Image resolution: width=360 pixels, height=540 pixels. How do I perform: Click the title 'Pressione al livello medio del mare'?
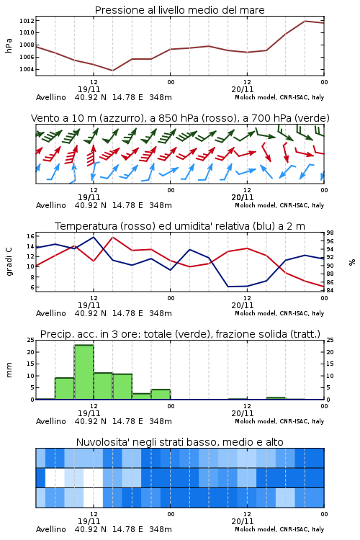179,10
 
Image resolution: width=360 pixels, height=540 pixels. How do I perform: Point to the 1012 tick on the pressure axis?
27,21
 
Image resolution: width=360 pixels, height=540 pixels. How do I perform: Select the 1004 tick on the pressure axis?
27,69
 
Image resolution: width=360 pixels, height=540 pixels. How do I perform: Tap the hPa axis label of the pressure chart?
9,45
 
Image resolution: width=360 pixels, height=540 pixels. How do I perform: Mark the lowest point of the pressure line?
112,71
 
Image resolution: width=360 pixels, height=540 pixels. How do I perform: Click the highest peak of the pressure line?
305,21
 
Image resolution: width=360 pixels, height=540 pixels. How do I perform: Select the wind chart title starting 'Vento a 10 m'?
180,118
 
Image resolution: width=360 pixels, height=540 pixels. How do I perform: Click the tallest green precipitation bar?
84,372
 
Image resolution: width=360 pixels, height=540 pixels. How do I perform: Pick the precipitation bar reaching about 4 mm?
161,395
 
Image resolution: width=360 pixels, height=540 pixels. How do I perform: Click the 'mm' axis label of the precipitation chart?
9,370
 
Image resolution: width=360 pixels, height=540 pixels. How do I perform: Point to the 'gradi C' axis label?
9,261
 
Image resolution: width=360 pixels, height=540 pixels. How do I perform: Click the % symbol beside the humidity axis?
352,262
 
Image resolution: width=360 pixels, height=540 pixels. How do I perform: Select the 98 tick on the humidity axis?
330,233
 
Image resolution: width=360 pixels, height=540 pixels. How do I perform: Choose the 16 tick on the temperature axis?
30,236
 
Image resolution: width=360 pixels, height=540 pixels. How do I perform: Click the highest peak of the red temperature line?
112,237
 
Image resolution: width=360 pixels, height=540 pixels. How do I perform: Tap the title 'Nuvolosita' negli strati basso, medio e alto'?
179,442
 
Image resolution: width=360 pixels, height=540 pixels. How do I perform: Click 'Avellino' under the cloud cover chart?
50,529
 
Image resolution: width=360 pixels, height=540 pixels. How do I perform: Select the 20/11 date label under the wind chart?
243,197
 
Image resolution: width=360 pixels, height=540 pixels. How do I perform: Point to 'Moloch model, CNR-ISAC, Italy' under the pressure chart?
279,97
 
